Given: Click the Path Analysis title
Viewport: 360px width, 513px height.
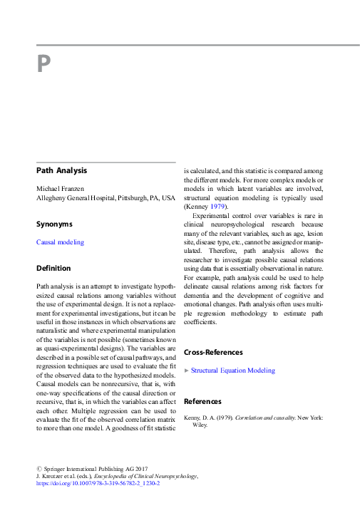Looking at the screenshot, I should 62,171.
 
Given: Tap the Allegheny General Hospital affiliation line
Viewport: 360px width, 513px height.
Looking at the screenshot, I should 105,197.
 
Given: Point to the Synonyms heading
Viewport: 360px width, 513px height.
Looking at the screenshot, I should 54,224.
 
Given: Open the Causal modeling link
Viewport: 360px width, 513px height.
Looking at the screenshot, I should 60,242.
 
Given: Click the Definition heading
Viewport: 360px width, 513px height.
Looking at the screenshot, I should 53,269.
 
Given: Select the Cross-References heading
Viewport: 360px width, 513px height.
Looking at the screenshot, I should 213,352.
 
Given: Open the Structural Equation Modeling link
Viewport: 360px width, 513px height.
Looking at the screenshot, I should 232,370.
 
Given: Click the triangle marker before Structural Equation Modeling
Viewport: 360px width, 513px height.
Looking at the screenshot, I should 187,370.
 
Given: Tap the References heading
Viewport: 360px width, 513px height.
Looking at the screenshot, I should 202,401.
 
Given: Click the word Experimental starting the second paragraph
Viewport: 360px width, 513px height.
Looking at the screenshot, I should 212,215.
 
